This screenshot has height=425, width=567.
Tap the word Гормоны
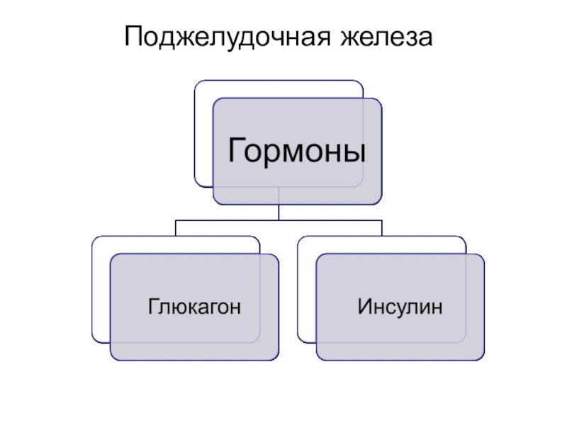tap(297, 151)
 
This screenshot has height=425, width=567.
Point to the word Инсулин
tap(400, 307)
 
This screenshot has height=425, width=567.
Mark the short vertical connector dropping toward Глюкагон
tap(176, 228)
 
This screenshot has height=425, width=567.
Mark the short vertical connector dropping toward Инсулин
tap(382, 228)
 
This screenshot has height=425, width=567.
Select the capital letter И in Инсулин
tap(364, 307)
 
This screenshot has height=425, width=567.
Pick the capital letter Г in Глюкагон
tap(152, 307)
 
